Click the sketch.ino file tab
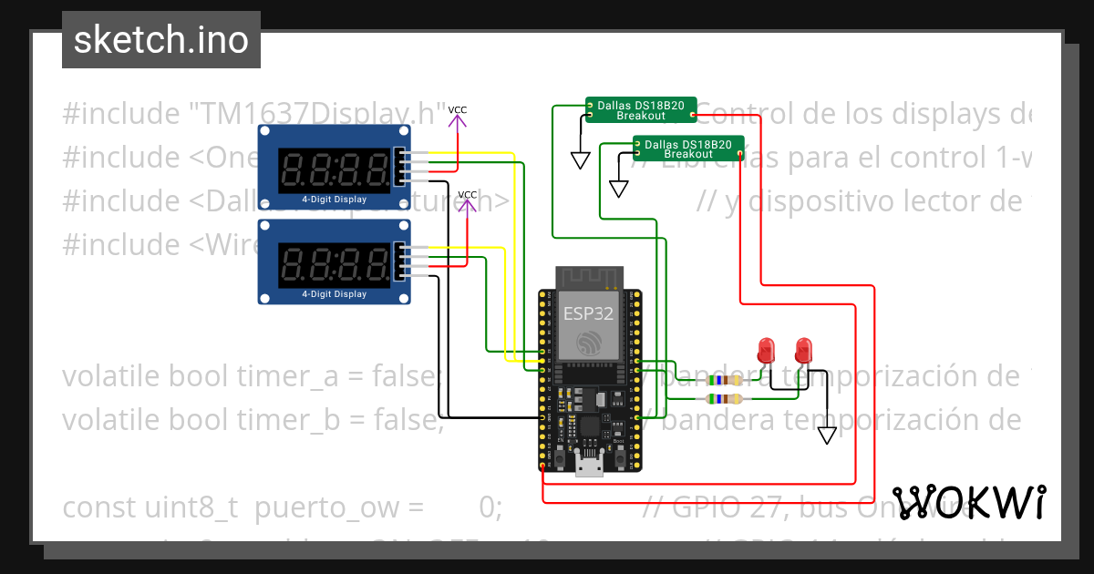(161, 40)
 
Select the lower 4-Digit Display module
(334, 261)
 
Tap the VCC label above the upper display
(457, 111)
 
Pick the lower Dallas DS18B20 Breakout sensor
(687, 149)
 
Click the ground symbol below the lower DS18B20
(619, 189)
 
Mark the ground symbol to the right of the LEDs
(826, 435)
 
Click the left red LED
(767, 349)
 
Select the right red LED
(803, 349)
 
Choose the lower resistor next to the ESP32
(724, 399)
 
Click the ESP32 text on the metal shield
(588, 313)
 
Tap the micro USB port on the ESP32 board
(589, 466)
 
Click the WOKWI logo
(968, 502)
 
